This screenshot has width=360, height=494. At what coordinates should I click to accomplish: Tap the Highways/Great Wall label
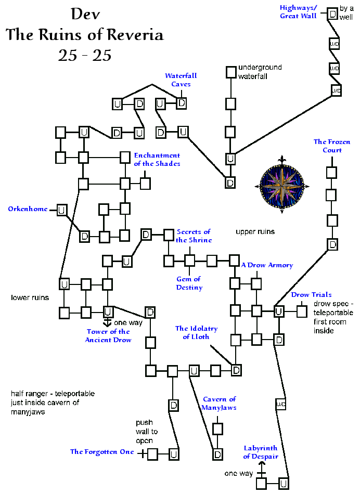click(298, 12)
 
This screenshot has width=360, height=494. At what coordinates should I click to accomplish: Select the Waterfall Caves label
click(181, 80)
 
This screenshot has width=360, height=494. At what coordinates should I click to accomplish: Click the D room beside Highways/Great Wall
click(332, 14)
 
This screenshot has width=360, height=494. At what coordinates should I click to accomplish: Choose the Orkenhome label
click(28, 209)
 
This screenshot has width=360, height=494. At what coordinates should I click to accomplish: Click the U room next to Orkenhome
click(61, 210)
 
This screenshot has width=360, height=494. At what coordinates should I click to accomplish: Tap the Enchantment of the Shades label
click(157, 159)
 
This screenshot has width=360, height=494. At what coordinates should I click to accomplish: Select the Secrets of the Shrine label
click(194, 236)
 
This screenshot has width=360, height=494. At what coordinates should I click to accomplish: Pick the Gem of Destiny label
click(189, 283)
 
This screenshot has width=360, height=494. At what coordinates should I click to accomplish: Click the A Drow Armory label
click(267, 265)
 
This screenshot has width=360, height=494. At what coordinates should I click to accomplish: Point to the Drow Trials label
click(311, 295)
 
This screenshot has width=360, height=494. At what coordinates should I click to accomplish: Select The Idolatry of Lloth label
click(196, 332)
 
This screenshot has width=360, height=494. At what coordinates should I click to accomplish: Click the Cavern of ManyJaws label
click(220, 403)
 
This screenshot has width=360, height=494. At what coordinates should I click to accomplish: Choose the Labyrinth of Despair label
click(260, 452)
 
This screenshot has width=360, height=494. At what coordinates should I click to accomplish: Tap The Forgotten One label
click(102, 452)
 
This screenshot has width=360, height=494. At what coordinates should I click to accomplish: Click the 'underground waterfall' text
click(260, 72)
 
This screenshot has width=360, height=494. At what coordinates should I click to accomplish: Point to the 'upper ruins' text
click(255, 231)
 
